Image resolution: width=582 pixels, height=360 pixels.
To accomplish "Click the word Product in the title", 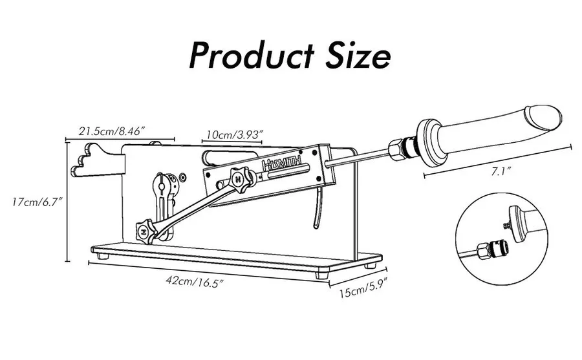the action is (x=252, y=56).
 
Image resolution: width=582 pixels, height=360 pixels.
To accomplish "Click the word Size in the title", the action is (x=358, y=56).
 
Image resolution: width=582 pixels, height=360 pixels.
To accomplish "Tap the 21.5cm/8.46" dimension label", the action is (x=111, y=131).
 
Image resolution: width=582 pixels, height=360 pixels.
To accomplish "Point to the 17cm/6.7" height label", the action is (x=36, y=202).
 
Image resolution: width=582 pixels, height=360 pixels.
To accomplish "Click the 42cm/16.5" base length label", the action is (x=195, y=281).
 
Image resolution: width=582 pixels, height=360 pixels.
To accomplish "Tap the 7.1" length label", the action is (x=501, y=171).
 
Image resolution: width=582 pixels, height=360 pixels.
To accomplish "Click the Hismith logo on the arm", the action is (x=282, y=164).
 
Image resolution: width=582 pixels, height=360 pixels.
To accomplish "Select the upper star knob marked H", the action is (x=239, y=180).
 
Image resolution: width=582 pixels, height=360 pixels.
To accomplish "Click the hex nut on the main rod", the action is (x=396, y=149).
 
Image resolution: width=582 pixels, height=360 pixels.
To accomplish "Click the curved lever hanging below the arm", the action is (x=317, y=208).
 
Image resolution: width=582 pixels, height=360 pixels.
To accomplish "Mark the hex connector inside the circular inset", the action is (x=482, y=251).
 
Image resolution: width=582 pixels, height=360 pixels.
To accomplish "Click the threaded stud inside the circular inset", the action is (x=506, y=225).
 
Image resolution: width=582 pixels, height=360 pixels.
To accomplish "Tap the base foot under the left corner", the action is (x=102, y=256).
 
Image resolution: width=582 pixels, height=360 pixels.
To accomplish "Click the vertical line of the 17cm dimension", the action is (x=67, y=202).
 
